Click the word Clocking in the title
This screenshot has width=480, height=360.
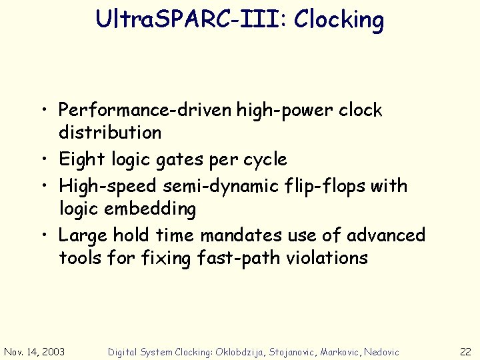coord(339,20)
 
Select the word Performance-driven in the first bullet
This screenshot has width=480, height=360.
coord(145,110)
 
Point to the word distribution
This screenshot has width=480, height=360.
coord(110,133)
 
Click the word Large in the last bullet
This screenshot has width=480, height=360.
coord(83,235)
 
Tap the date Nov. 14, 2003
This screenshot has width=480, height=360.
coord(35,351)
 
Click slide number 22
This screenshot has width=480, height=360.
coord(465,351)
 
